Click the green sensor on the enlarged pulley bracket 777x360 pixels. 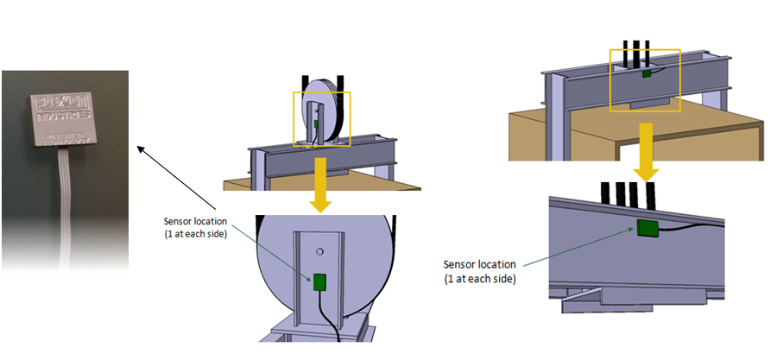pyautogui.click(x=319, y=281)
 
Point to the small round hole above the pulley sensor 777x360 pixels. pyautogui.click(x=319, y=252)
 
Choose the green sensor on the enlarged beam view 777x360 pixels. pyautogui.click(x=647, y=228)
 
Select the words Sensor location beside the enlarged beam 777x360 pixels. pyautogui.click(x=479, y=264)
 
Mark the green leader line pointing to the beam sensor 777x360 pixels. pyautogui.click(x=578, y=246)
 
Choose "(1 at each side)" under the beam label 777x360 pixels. pyautogui.click(x=479, y=278)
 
